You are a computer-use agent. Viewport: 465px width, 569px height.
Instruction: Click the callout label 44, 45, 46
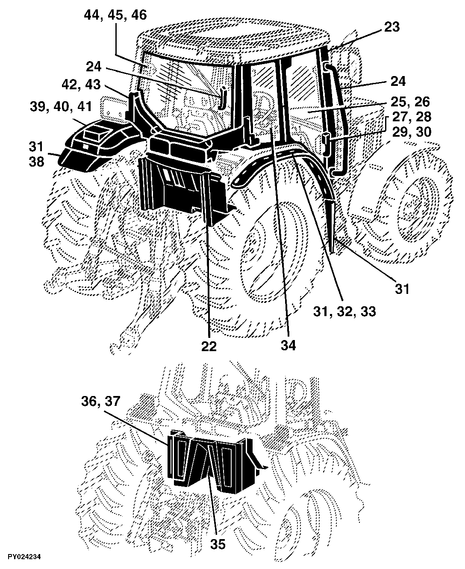[115, 15]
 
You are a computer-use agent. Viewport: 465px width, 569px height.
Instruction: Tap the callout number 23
[391, 27]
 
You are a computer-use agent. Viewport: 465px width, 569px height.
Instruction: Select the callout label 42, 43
[81, 85]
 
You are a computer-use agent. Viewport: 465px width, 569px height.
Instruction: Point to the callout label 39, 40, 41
[61, 106]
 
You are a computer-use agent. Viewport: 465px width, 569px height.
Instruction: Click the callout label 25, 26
[410, 101]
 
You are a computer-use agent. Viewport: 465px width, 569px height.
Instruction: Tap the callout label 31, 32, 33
[344, 311]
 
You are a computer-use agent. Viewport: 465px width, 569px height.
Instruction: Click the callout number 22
[209, 346]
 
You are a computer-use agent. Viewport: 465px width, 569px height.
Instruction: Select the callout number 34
[288, 345]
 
